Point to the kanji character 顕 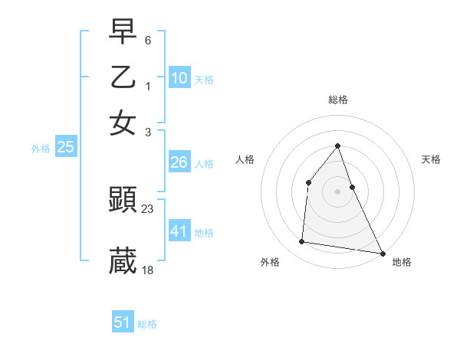pyautogui.click(x=123, y=200)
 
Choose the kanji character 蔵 pyautogui.click(x=123, y=261)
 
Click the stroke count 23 pyautogui.click(x=148, y=208)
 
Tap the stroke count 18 pyautogui.click(x=148, y=270)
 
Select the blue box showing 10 pyautogui.click(x=179, y=78)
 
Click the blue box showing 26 pyautogui.click(x=179, y=162)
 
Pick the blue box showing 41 pyautogui.click(x=179, y=231)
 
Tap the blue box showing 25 pyautogui.click(x=65, y=148)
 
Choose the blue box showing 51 pyautogui.click(x=123, y=322)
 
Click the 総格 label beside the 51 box pyautogui.click(x=147, y=324)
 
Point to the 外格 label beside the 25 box pyautogui.click(x=41, y=149)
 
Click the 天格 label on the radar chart pyautogui.click(x=431, y=159)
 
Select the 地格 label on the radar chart pyautogui.click(x=402, y=263)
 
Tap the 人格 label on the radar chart pyautogui.click(x=245, y=159)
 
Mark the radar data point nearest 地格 pyautogui.click(x=382, y=253)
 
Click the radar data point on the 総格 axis pyautogui.click(x=337, y=146)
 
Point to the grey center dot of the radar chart pyautogui.click(x=337, y=191)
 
